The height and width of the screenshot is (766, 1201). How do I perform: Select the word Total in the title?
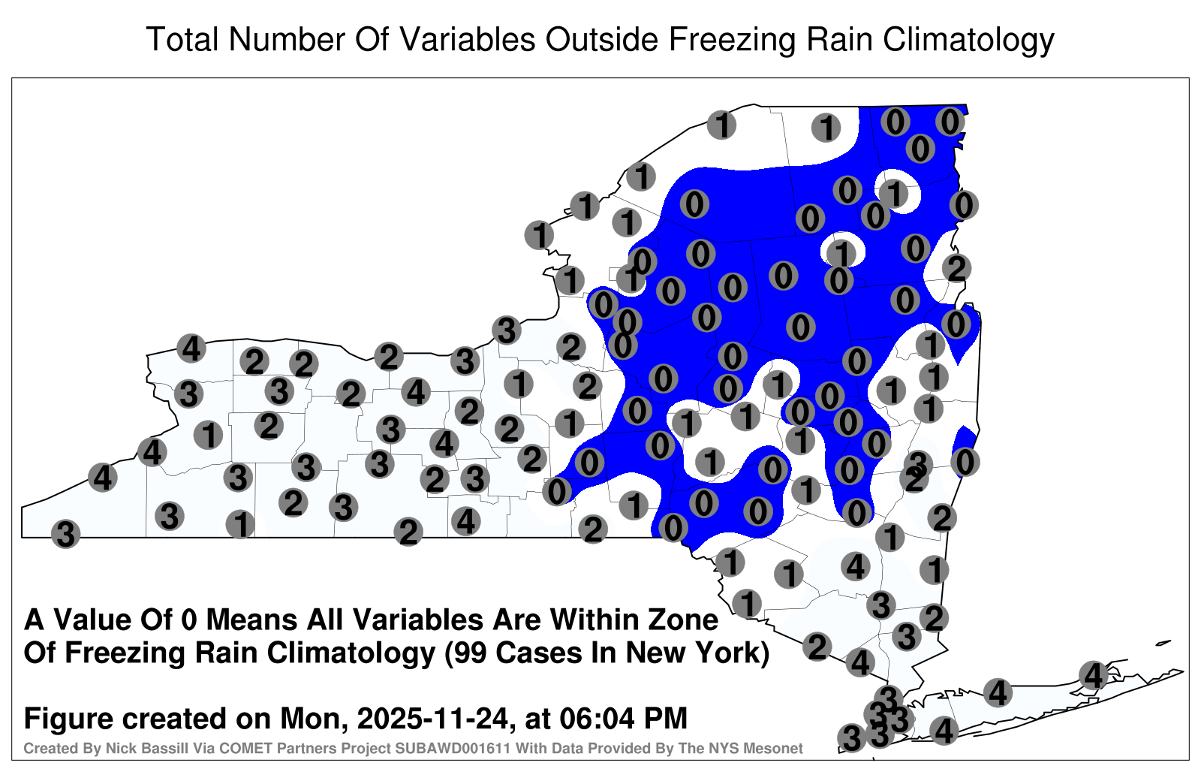pyautogui.click(x=182, y=39)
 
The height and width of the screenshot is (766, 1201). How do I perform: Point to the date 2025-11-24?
pyautogui.click(x=432, y=718)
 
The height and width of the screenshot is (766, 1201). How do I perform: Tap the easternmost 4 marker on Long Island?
pyautogui.click(x=1093, y=675)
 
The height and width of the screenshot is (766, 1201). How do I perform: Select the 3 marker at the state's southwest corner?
pyautogui.click(x=65, y=534)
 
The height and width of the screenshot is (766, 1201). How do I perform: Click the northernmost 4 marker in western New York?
pyautogui.click(x=191, y=348)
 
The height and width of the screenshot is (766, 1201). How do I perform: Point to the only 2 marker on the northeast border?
pyautogui.click(x=957, y=267)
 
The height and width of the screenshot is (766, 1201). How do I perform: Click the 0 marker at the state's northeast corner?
pyautogui.click(x=950, y=122)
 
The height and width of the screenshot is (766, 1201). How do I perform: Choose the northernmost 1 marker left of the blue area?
pyautogui.click(x=721, y=125)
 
